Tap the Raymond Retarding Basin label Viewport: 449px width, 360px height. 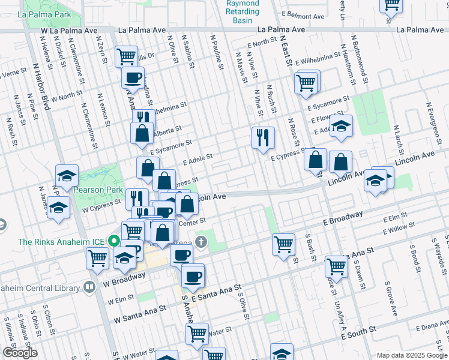coord(243,11)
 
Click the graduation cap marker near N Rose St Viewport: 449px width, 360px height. coord(341,126)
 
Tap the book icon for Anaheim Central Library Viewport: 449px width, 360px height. coord(89,286)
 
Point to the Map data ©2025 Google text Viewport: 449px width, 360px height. coord(411,355)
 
